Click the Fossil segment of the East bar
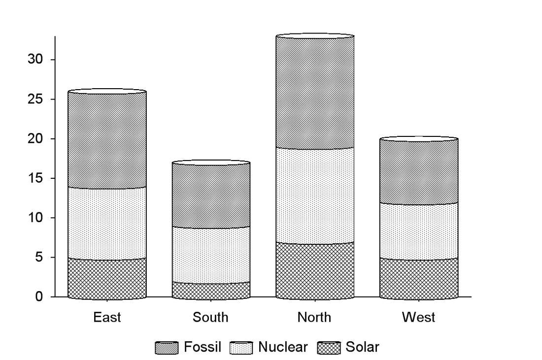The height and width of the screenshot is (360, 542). (x=107, y=140)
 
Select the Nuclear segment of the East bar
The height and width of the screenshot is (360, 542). (x=107, y=224)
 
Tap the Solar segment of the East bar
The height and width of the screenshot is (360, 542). (x=107, y=279)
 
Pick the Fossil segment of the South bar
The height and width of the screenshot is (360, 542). (x=211, y=196)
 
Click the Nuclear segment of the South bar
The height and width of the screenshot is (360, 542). (x=211, y=256)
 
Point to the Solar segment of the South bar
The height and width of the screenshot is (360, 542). (x=211, y=291)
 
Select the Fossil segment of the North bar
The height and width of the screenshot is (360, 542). (x=315, y=92)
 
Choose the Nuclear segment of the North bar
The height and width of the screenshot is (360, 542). (x=315, y=196)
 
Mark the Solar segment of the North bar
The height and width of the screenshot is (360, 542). (x=315, y=271)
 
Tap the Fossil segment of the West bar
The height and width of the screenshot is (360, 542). (x=419, y=171)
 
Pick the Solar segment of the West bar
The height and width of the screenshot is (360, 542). (x=419, y=279)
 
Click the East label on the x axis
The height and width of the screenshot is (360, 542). (x=107, y=317)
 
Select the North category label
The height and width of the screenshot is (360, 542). (x=314, y=317)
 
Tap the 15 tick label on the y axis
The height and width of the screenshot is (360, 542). (x=36, y=178)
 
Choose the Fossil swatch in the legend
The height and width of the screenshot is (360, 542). (x=167, y=348)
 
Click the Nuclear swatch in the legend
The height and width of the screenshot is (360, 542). (x=241, y=348)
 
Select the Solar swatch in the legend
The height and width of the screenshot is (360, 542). (x=329, y=348)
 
